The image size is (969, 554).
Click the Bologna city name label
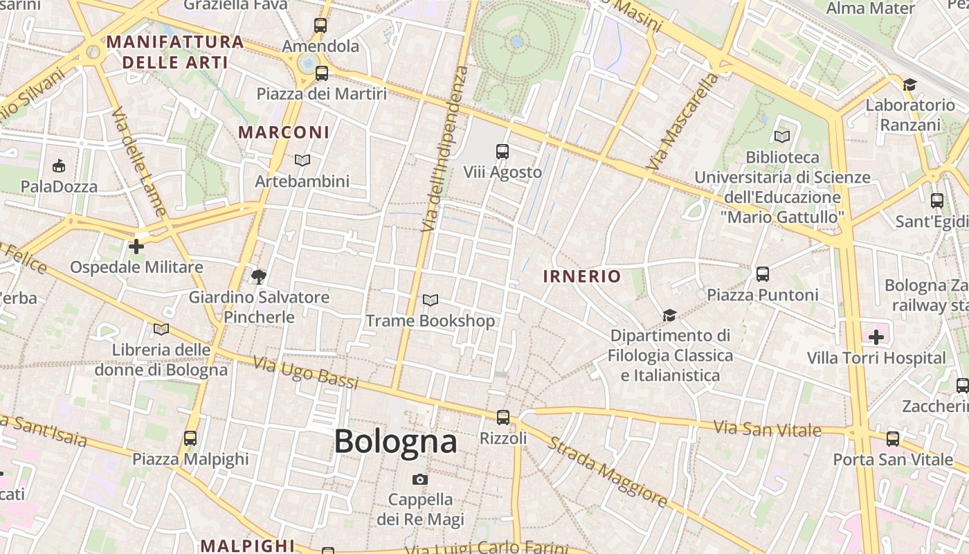click(395, 442)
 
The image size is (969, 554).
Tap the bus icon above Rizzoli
click(503, 418)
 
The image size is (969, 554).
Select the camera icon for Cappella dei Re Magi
click(419, 479)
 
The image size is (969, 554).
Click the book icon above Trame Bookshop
click(431, 300)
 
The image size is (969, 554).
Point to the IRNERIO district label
click(582, 276)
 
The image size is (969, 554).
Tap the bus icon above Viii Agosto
click(502, 151)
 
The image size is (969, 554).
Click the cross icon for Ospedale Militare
click(136, 246)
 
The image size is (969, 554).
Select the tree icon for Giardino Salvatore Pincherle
click(259, 277)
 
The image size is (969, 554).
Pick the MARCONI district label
click(284, 132)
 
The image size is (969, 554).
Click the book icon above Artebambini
click(302, 160)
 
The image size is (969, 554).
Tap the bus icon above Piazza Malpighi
click(190, 438)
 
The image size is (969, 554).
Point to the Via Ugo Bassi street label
click(305, 373)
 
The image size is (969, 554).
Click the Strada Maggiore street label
click(608, 472)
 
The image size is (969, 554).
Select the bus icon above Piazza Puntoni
click(763, 274)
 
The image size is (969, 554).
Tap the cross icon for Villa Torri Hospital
click(876, 337)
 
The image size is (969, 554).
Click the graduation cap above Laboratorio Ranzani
click(909, 84)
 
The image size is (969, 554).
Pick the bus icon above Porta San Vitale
click(893, 438)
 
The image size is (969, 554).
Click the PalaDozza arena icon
click(59, 166)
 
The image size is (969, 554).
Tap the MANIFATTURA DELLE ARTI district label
click(175, 52)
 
